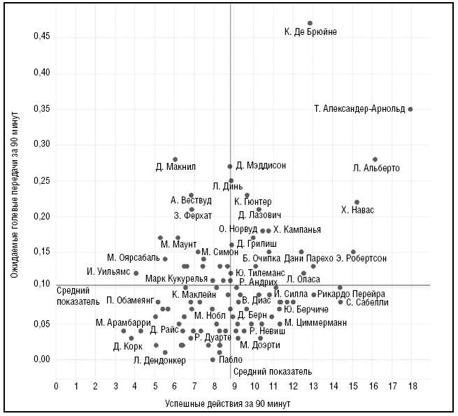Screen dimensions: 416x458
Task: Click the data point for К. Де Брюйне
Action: click(x=310, y=23)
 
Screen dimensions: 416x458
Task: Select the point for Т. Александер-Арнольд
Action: click(x=410, y=109)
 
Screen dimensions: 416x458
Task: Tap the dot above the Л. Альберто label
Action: click(x=375, y=159)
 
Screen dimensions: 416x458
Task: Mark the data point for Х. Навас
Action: click(x=357, y=202)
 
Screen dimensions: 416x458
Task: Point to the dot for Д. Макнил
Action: click(x=175, y=159)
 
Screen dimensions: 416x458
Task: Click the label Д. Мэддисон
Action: click(x=261, y=166)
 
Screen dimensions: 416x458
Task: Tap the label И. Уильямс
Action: click(x=108, y=271)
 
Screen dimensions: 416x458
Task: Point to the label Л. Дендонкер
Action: click(x=159, y=361)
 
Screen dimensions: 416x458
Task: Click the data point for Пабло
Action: click(x=213, y=359)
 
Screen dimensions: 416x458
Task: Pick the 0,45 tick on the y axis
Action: click(x=43, y=37)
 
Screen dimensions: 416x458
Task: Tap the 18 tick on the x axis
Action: click(x=413, y=386)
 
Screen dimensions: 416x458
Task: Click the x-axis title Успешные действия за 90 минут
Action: click(x=227, y=404)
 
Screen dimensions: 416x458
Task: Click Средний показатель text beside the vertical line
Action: click(x=266, y=372)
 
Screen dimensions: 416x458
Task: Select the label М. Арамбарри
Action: click(x=123, y=322)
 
